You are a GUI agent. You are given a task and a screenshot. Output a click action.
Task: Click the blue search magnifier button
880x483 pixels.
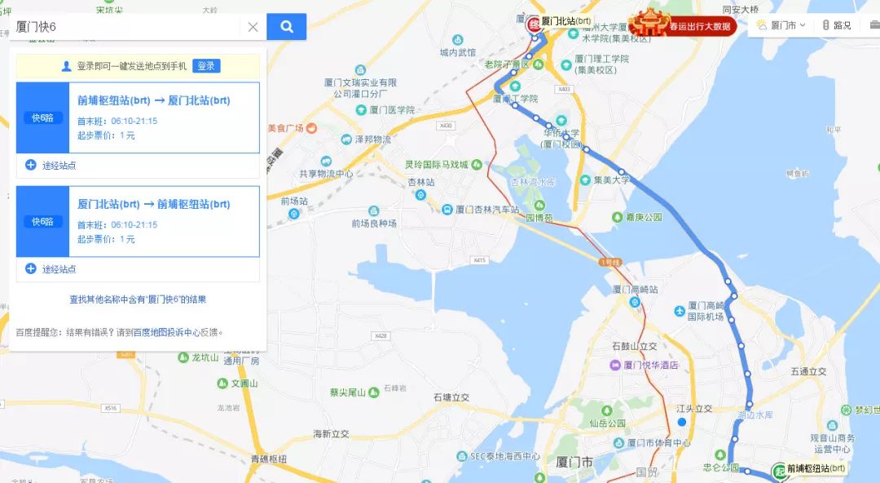click(x=286, y=27)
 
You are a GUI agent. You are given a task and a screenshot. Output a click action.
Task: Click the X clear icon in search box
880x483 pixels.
click(x=253, y=27)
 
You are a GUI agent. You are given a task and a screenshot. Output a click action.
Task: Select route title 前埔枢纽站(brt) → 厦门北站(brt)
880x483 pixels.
click(x=154, y=101)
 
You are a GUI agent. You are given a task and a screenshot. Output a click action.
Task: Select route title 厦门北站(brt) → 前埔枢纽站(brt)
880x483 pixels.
click(x=154, y=205)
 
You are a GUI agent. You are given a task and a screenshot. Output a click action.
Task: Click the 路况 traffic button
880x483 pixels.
click(x=836, y=25)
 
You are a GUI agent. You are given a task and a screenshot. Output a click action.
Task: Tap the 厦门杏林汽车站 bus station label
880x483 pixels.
click(x=486, y=210)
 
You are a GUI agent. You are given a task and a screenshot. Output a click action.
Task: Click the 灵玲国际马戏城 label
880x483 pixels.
click(x=437, y=164)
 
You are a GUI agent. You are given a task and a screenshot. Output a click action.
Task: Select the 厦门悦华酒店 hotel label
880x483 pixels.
click(x=649, y=365)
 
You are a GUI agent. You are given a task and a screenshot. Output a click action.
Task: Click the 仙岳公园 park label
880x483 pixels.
click(x=608, y=423)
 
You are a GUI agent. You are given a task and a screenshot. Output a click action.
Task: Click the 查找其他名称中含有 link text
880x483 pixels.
click(x=138, y=299)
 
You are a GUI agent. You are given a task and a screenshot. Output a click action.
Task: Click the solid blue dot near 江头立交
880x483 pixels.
click(x=682, y=422)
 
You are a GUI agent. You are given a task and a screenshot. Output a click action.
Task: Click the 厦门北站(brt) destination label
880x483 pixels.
click(x=566, y=21)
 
